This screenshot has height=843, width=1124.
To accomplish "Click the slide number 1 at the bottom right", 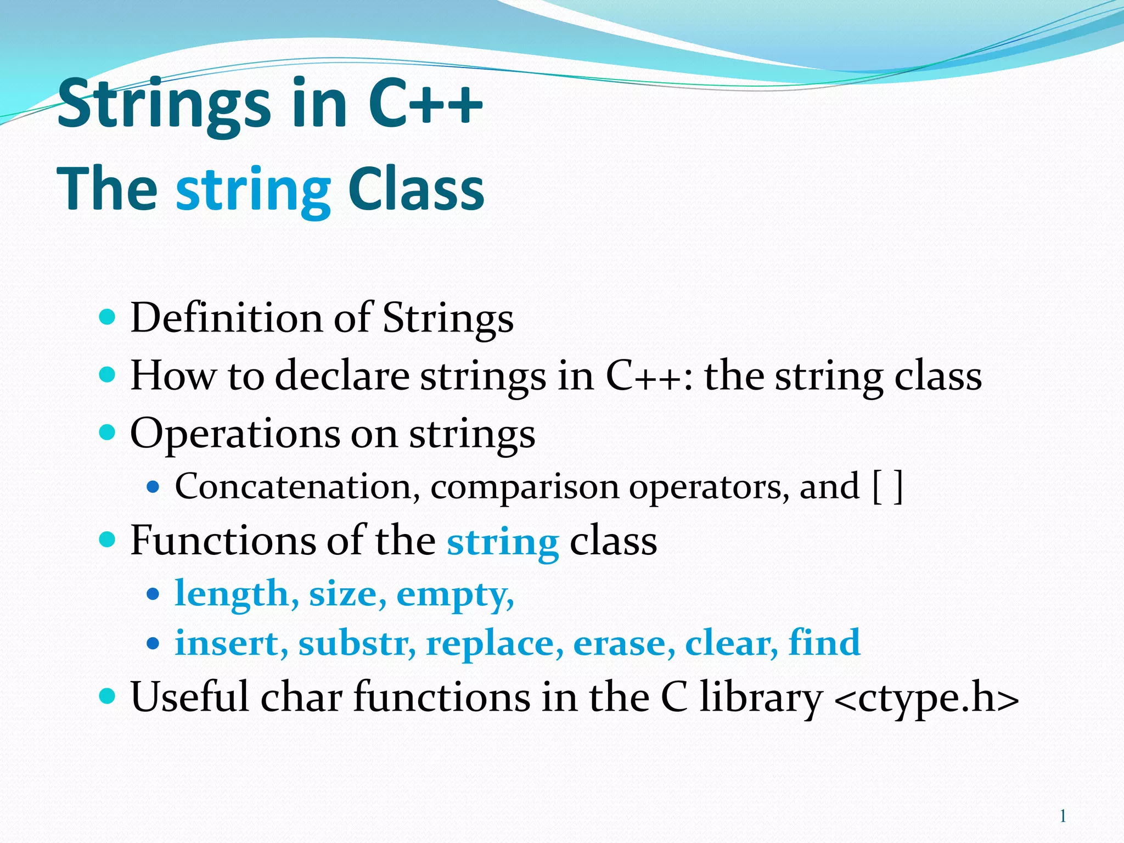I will (x=1063, y=816).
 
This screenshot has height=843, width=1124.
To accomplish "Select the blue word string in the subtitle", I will (x=253, y=190).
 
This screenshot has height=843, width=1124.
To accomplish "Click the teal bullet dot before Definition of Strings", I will (x=108, y=317).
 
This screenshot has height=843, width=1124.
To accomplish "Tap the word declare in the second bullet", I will (x=342, y=376).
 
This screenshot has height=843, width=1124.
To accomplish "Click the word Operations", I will (x=235, y=434).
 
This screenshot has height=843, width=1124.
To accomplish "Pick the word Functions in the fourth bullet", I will (x=222, y=541).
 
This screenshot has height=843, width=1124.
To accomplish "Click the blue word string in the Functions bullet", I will (x=503, y=542).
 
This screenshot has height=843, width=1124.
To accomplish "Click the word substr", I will (x=356, y=643).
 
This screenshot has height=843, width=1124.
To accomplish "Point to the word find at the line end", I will (x=824, y=642).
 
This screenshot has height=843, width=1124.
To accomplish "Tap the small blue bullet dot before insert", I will (x=153, y=643).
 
